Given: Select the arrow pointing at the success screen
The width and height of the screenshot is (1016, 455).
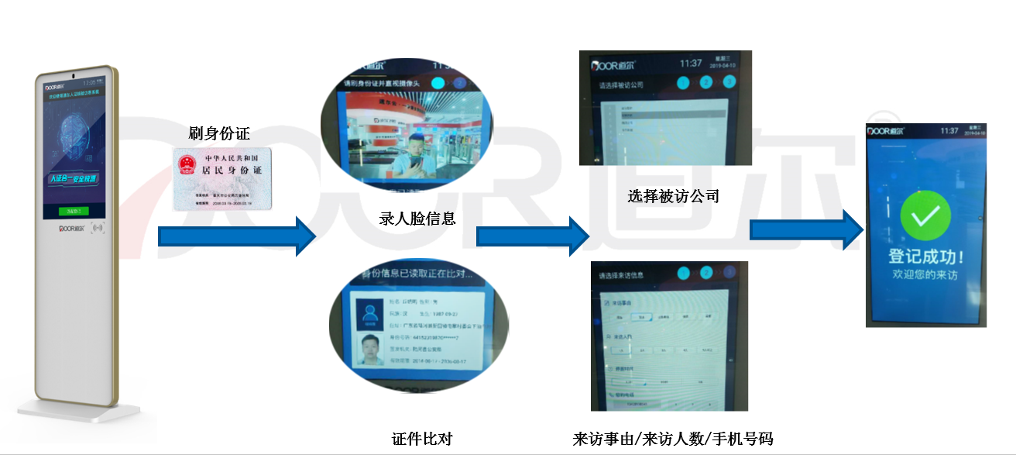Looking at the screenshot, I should point(805,229).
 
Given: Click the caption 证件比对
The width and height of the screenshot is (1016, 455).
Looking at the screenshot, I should point(421,439).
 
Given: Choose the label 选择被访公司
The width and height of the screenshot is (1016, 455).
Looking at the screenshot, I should point(673,196).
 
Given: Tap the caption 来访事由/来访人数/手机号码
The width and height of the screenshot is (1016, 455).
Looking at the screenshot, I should point(672,439).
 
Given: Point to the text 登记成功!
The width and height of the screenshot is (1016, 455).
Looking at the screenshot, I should point(926,257).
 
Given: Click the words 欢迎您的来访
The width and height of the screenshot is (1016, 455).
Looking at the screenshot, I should point(926,274).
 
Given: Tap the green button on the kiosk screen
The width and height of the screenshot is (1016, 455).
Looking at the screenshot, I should point(74,211).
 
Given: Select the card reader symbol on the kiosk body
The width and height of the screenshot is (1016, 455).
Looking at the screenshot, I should point(98,229).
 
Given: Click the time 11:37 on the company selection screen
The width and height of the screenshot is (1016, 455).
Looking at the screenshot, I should point(691,63).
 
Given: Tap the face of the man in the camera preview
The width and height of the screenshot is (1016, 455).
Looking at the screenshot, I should point(417,145).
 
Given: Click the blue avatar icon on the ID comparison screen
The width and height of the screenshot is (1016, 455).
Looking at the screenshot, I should point(366,312).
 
